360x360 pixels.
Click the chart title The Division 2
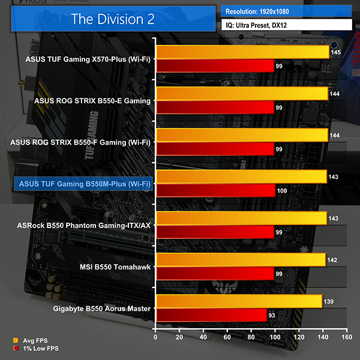[113, 18]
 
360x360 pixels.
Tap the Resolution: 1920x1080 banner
[287, 11]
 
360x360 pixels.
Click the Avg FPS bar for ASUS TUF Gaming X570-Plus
[242, 53]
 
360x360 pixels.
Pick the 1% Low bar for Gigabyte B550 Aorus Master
[211, 314]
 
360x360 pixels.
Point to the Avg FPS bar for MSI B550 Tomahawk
[240, 260]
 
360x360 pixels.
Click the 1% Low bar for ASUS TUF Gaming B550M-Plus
[215, 190]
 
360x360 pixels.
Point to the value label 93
[273, 314]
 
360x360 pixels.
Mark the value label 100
[283, 190]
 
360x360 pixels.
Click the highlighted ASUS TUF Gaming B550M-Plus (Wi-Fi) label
[85, 184]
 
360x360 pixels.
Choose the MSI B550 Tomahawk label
[114, 266]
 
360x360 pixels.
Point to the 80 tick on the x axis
[251, 337]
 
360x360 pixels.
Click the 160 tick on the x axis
[346, 337]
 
